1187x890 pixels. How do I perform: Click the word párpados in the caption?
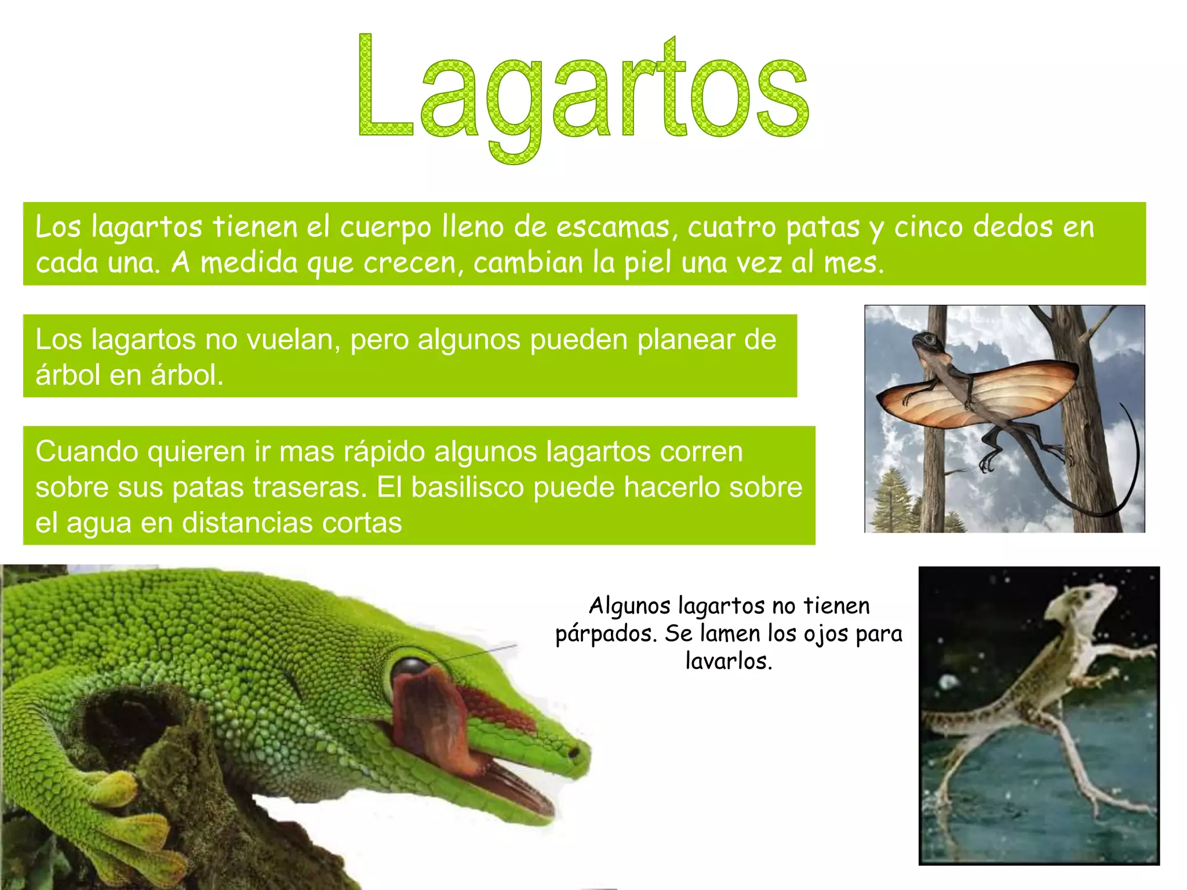(x=606, y=634)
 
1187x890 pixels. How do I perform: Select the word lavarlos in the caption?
(x=729, y=661)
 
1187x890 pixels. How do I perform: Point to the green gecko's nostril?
(x=573, y=753)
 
